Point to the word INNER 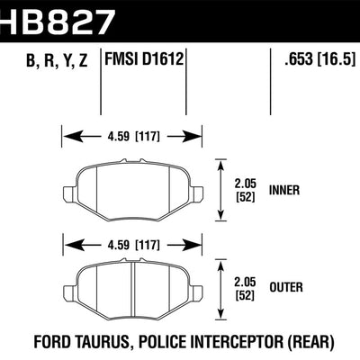[287, 191]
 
